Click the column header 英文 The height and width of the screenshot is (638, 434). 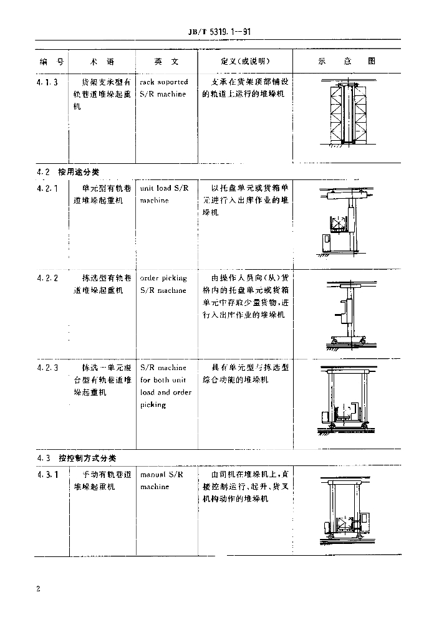click(x=166, y=62)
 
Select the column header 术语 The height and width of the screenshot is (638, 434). click(x=102, y=62)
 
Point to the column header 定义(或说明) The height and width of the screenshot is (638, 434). click(x=245, y=62)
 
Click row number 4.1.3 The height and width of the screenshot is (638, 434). click(x=47, y=82)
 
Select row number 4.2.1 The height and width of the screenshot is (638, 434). click(x=47, y=188)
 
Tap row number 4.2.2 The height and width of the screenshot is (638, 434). click(x=47, y=279)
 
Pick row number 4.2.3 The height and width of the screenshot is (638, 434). click(x=47, y=368)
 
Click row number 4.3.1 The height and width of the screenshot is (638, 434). click(x=47, y=475)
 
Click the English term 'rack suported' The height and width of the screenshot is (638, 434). click(x=163, y=82)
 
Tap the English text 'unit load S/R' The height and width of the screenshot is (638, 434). click(x=164, y=188)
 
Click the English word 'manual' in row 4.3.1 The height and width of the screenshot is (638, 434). click(x=152, y=475)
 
